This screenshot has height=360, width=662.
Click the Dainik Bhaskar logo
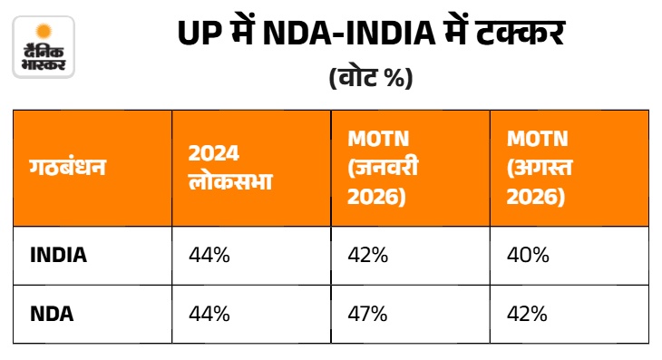44,47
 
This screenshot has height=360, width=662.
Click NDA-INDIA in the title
349,33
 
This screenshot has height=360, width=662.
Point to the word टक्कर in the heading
520,32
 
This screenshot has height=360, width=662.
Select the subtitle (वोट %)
371,77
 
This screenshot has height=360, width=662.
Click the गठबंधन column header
67,167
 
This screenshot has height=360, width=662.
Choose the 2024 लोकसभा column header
230,168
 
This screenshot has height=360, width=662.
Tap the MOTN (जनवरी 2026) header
383,168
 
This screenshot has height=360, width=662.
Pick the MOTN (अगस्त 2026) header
540,168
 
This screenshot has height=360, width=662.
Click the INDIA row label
58,256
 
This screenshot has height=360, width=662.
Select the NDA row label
52,314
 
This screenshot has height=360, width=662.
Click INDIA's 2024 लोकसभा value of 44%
209,256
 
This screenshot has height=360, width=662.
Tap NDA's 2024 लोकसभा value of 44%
209,314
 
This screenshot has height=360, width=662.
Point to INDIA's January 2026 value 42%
368,256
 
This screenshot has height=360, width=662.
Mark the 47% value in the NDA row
367,314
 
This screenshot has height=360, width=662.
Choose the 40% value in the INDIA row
528,256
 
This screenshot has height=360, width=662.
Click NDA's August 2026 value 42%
527,314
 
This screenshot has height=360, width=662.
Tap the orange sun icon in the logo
44,32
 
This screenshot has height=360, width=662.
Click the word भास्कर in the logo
44,64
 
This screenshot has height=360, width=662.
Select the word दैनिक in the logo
44,51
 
